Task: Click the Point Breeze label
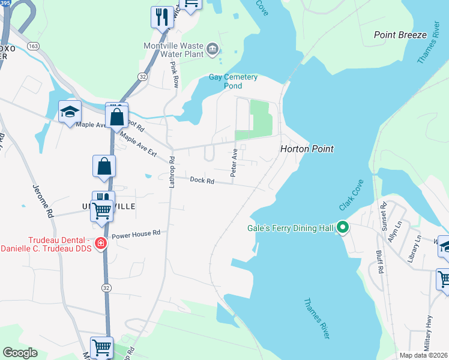click(x=400, y=35)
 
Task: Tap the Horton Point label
click(x=307, y=149)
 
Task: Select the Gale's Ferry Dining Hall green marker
click(x=343, y=227)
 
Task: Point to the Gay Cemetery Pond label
click(x=233, y=81)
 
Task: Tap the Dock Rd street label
click(x=202, y=180)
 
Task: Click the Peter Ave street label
click(x=235, y=163)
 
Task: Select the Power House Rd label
click(x=136, y=233)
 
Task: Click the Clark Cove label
click(x=352, y=195)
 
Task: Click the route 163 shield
click(x=33, y=46)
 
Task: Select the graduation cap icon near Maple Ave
click(x=70, y=112)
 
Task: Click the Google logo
click(x=20, y=352)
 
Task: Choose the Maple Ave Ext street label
click(x=138, y=145)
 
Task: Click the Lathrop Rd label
click(x=171, y=172)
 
